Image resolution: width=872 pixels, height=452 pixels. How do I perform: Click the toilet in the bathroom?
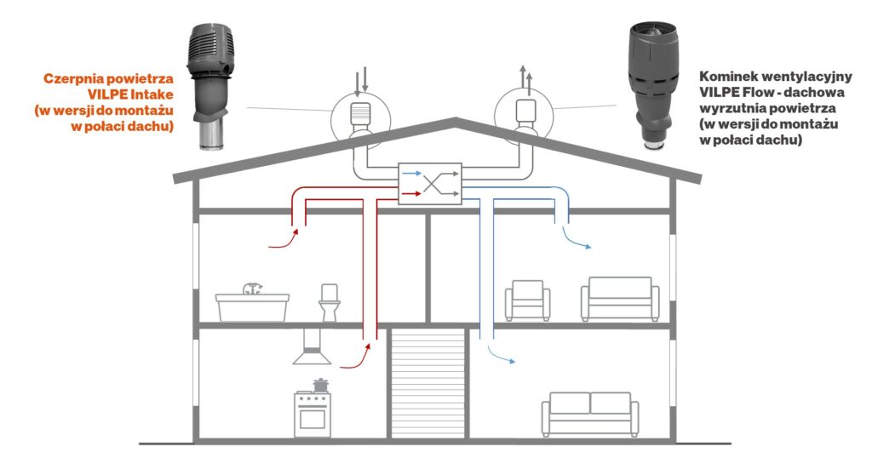click(329, 302)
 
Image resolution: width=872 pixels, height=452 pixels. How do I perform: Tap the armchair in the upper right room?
click(527, 300)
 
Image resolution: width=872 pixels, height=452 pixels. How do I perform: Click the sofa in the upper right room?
click(620, 299)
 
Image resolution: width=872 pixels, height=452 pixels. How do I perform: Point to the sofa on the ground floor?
click(589, 414)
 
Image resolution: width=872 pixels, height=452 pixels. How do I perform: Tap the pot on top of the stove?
click(320, 385)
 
